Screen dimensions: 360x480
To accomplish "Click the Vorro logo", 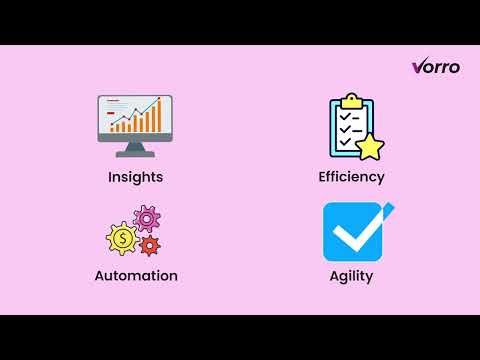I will tap(436, 67).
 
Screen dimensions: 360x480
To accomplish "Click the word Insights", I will tap(136, 177).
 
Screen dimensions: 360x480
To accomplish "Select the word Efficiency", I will tap(351, 177).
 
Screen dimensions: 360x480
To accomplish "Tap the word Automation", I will tap(136, 275).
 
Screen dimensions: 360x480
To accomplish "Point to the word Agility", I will tap(351, 275).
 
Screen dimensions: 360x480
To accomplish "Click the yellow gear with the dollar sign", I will tap(122, 239).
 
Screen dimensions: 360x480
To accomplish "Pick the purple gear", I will tap(147, 217).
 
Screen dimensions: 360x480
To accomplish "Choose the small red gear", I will tap(150, 245).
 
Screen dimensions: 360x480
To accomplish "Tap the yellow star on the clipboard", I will tap(371, 146).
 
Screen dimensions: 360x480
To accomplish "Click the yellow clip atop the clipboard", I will tap(350, 101).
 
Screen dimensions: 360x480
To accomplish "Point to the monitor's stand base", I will tap(135, 153).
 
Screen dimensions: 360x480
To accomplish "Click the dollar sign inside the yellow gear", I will tap(122, 239).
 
